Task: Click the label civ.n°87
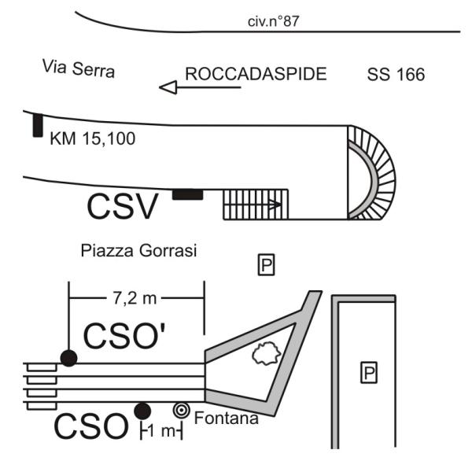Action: pos(272,21)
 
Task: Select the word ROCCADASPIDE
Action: pos(255,76)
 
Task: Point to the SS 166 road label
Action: pos(396,76)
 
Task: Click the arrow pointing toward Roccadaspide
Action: pos(200,87)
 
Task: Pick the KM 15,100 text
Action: pos(92,139)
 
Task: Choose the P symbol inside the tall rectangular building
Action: pos(367,373)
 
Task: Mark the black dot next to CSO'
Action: pos(69,358)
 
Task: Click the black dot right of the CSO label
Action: pos(142,411)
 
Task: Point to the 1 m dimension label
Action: pos(162,430)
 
